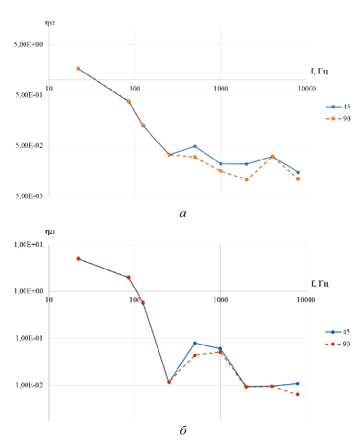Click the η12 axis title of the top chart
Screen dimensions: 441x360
pyautogui.click(x=50, y=23)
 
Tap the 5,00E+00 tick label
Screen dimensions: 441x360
pyautogui.click(x=28, y=44)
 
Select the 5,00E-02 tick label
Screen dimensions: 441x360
pyautogui.click(x=29, y=145)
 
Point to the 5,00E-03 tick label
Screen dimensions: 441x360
pyautogui.click(x=29, y=196)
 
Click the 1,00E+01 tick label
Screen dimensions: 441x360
pyautogui.click(x=28, y=245)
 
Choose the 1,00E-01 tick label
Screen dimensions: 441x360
pyautogui.click(x=28, y=338)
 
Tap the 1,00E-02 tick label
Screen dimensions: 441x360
pyautogui.click(x=28, y=385)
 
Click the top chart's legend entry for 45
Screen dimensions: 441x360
pyautogui.click(x=338, y=107)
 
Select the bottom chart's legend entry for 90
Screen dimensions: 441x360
pyautogui.click(x=338, y=344)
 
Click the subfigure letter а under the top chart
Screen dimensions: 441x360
pyautogui.click(x=183, y=214)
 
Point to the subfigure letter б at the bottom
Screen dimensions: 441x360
pyautogui.click(x=183, y=431)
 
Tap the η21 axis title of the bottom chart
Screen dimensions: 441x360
pyautogui.click(x=50, y=232)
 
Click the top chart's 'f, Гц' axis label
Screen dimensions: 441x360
pyautogui.click(x=319, y=71)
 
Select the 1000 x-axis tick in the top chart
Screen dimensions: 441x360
pyautogui.click(x=221, y=89)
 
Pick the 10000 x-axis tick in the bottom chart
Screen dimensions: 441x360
pyautogui.click(x=306, y=300)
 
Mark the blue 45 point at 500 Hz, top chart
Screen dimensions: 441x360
pyautogui.click(x=195, y=146)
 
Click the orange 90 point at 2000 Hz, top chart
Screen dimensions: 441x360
pyautogui.click(x=246, y=179)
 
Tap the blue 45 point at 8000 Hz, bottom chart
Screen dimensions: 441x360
pyautogui.click(x=298, y=384)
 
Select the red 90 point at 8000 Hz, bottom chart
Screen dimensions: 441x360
pyautogui.click(x=298, y=394)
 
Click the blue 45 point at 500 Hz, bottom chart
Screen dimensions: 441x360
pyautogui.click(x=195, y=343)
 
